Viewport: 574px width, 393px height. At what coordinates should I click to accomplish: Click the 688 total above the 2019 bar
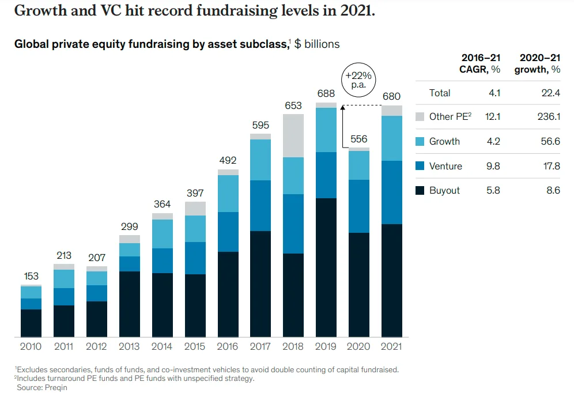point(326,93)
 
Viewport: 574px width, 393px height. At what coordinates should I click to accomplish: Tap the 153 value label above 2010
point(31,277)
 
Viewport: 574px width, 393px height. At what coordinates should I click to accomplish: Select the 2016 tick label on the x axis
point(228,347)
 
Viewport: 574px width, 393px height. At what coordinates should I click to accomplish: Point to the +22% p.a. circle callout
point(358,80)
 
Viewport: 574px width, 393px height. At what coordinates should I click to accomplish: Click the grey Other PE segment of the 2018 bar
point(293,135)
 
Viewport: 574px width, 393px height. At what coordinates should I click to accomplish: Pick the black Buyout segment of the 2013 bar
point(130,304)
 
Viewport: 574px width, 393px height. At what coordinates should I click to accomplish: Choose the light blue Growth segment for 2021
point(392,138)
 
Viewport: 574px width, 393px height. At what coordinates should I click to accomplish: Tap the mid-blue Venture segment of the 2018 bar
point(293,224)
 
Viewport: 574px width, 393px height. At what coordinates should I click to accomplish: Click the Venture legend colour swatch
point(420,167)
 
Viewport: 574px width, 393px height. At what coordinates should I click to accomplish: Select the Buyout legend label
point(444,191)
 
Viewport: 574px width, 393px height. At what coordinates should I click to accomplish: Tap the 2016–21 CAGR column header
point(481,63)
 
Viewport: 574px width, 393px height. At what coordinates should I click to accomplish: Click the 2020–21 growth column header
point(539,63)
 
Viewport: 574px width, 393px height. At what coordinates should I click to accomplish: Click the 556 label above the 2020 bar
point(359,139)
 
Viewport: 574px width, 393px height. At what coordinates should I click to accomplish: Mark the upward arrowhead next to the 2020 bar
point(342,108)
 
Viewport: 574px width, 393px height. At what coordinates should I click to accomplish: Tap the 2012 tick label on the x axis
point(96,347)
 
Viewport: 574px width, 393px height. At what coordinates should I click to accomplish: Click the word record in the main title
point(189,11)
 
